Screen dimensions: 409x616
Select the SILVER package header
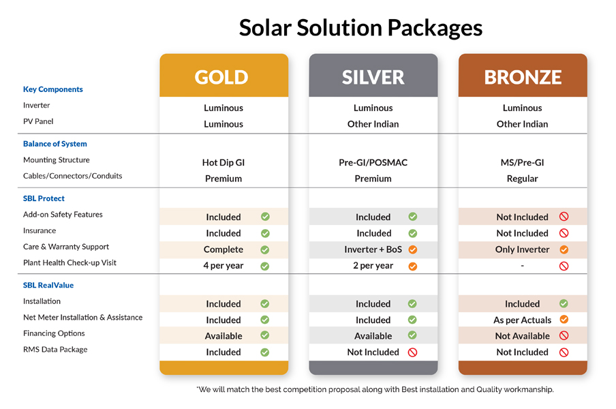(x=373, y=77)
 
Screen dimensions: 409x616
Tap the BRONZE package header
(x=523, y=77)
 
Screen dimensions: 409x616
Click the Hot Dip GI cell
(x=224, y=163)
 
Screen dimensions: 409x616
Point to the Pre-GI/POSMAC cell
(x=373, y=163)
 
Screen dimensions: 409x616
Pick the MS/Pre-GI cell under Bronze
(x=523, y=163)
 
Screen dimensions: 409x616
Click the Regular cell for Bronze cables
(x=523, y=179)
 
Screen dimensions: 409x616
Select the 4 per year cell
(x=224, y=265)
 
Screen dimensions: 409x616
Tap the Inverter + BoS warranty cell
(x=373, y=249)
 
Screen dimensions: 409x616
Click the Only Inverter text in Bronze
(x=522, y=249)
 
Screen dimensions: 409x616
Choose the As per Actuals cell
(x=522, y=320)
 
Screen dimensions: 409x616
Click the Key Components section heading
(x=53, y=89)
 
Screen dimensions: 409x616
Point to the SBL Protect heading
(x=44, y=198)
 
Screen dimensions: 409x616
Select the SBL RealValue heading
(x=48, y=285)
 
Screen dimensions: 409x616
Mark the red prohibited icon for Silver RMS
(x=412, y=352)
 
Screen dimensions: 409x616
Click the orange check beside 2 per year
(x=412, y=266)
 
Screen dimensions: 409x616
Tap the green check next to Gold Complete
(x=265, y=249)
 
